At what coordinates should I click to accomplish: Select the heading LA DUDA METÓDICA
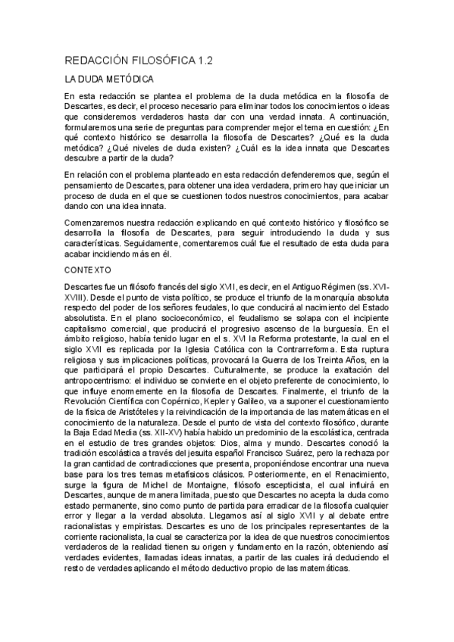click(110, 79)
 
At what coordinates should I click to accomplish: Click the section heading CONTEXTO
click(88, 270)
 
